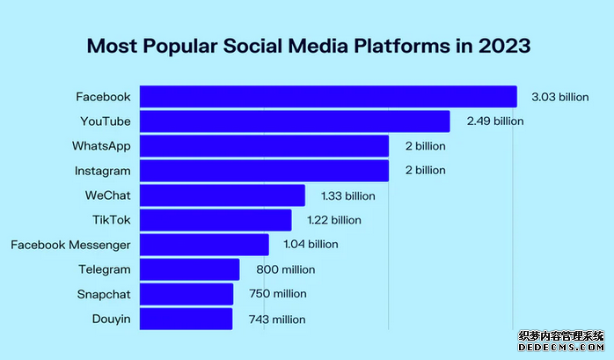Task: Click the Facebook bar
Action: [x=328, y=96]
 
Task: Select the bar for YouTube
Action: [x=295, y=121]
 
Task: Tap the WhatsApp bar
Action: [x=264, y=145]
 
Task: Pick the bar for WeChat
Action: [x=223, y=195]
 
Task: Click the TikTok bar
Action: [x=216, y=219]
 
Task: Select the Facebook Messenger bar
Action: [x=204, y=244]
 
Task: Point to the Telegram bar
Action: [x=189, y=269]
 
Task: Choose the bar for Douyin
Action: [x=186, y=319]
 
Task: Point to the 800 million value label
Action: [x=285, y=269]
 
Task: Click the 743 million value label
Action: [x=276, y=319]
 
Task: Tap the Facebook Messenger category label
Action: [x=70, y=245]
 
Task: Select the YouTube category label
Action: [x=105, y=121]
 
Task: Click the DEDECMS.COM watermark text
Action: [x=564, y=349]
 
